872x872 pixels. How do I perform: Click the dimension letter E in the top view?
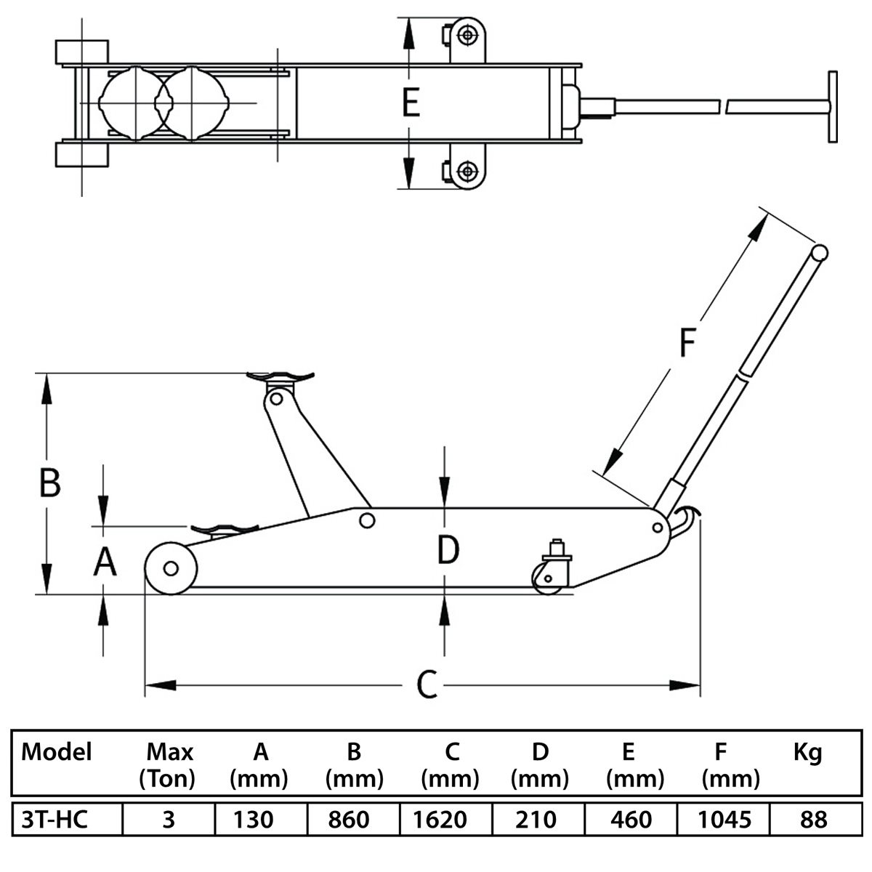pyautogui.click(x=411, y=102)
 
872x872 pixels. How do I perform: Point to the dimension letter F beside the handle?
pyautogui.click(x=687, y=342)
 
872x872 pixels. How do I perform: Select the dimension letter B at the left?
pyautogui.click(x=50, y=483)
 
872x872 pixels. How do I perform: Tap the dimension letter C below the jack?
pyautogui.click(x=427, y=684)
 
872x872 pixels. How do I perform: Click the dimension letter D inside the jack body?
pyautogui.click(x=448, y=549)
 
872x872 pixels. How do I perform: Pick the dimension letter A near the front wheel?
pyautogui.click(x=105, y=561)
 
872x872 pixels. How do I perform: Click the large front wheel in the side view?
pyautogui.click(x=171, y=568)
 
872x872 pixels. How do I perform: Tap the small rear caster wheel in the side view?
pyautogui.click(x=548, y=580)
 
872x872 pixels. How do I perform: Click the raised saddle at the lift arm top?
pyautogui.click(x=280, y=376)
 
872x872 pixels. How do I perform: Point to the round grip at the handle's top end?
pyautogui.click(x=819, y=252)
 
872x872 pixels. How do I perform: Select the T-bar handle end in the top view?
pyautogui.click(x=833, y=107)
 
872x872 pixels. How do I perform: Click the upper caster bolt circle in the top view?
pyautogui.click(x=467, y=36)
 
